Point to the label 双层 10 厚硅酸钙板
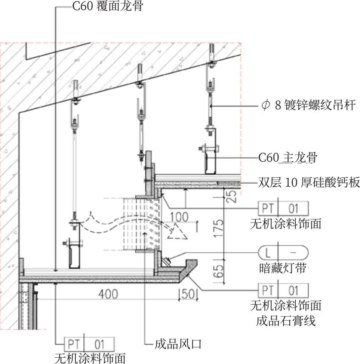click(x=309, y=183)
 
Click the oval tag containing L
click(x=283, y=253)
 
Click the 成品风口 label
click(x=178, y=344)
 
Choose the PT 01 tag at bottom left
click(x=89, y=344)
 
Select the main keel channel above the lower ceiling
click(x=75, y=257)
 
